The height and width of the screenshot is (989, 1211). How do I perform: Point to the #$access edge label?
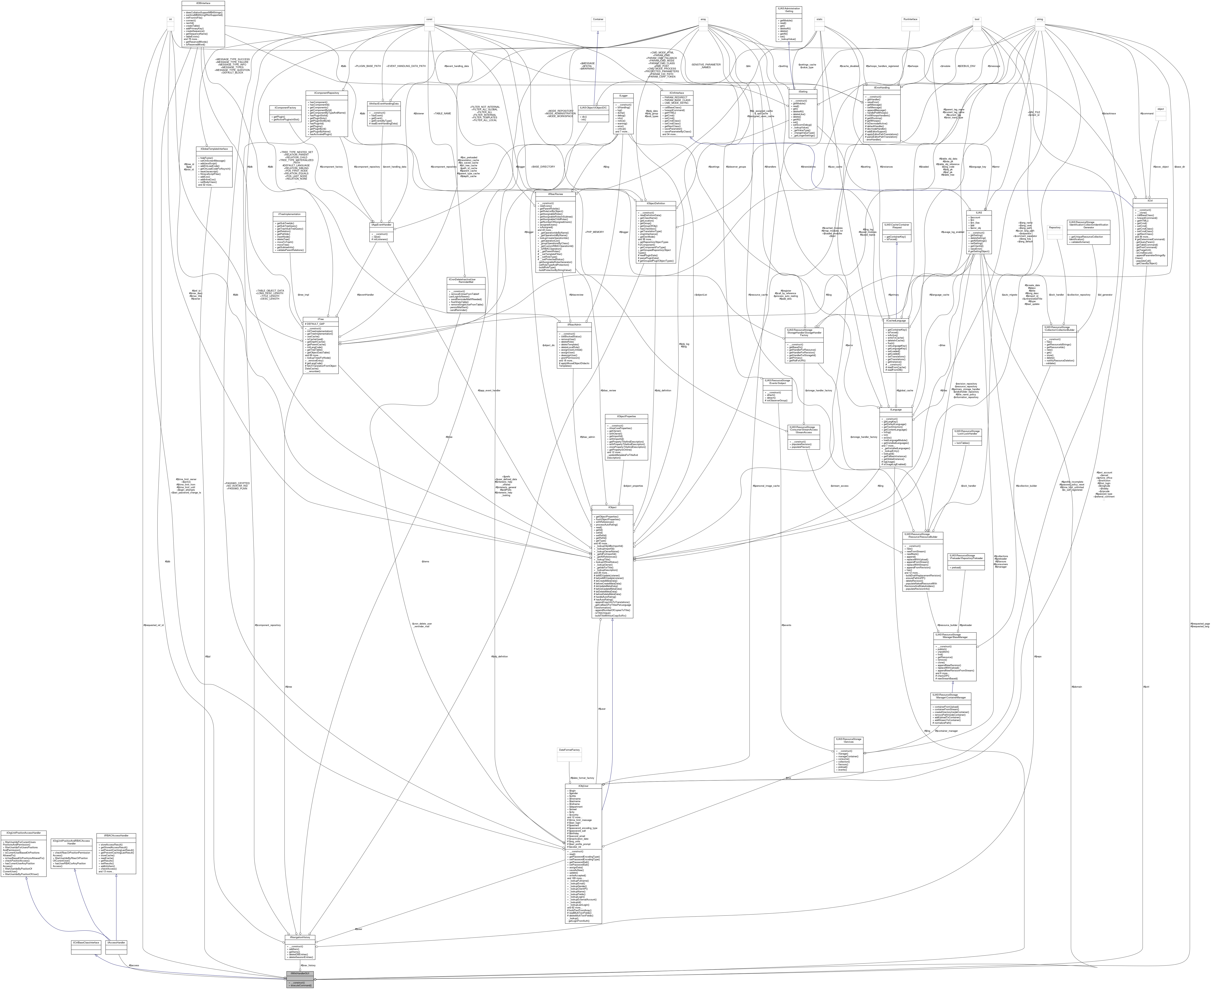[x=134, y=965]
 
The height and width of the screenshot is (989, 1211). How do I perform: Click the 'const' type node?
[x=429, y=19]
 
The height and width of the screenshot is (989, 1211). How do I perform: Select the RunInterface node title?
[x=910, y=19]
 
